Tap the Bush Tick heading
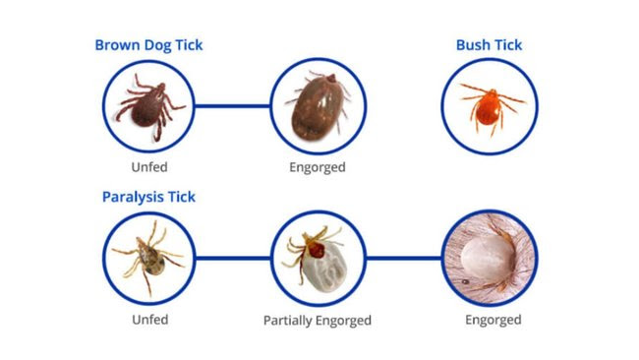tap(489, 44)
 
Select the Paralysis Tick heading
tap(148, 197)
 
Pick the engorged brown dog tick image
tap(317, 104)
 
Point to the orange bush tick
tap(489, 104)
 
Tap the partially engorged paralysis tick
tap(317, 258)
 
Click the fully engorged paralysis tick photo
tap(489, 258)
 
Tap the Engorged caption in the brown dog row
tap(317, 166)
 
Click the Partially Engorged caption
tap(317, 320)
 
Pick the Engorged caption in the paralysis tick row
tap(494, 320)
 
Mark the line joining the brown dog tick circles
tap(233, 104)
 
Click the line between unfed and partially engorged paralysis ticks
tap(233, 258)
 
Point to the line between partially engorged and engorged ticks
tap(402, 258)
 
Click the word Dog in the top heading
tap(154, 44)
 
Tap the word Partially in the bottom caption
tap(289, 320)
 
